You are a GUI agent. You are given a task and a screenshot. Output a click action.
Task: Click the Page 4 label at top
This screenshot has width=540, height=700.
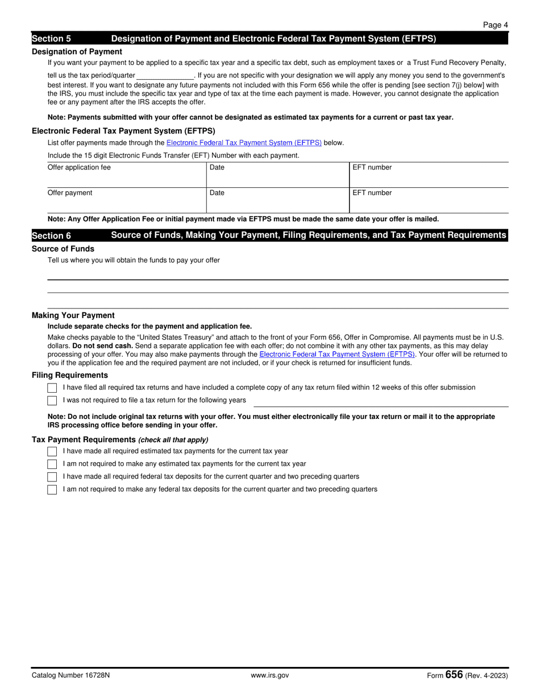(495, 24)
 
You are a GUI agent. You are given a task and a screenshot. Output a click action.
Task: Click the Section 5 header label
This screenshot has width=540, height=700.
(51, 39)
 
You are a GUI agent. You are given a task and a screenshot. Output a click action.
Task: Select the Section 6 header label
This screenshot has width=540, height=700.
(51, 236)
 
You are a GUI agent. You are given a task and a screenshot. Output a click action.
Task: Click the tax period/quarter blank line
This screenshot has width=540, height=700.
(165, 76)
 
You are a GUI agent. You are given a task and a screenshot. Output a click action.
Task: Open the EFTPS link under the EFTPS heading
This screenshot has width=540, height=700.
(244, 143)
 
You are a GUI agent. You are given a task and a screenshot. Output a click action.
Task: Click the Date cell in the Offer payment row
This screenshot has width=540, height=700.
(277, 200)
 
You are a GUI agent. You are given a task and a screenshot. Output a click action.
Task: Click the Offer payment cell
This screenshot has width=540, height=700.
(126, 200)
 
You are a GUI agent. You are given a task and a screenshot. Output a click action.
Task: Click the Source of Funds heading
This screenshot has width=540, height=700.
(63, 249)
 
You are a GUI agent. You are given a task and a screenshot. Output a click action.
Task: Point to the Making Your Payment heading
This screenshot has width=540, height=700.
(73, 315)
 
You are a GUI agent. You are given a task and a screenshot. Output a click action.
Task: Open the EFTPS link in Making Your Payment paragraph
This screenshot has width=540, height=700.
(337, 354)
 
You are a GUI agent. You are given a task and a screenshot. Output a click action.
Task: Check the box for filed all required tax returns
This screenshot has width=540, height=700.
(52, 388)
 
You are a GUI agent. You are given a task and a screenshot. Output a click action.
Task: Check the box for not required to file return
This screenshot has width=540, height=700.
(52, 401)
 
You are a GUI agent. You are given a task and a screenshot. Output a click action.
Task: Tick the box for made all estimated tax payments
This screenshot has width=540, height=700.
(52, 451)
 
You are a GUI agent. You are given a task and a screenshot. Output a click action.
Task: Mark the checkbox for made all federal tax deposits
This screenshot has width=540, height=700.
(52, 477)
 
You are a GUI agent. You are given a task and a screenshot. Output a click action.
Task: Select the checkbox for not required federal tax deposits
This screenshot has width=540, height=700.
(52, 489)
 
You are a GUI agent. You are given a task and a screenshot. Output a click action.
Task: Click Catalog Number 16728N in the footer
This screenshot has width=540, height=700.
(70, 676)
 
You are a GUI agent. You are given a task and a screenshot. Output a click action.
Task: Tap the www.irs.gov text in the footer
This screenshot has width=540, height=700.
(270, 676)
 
